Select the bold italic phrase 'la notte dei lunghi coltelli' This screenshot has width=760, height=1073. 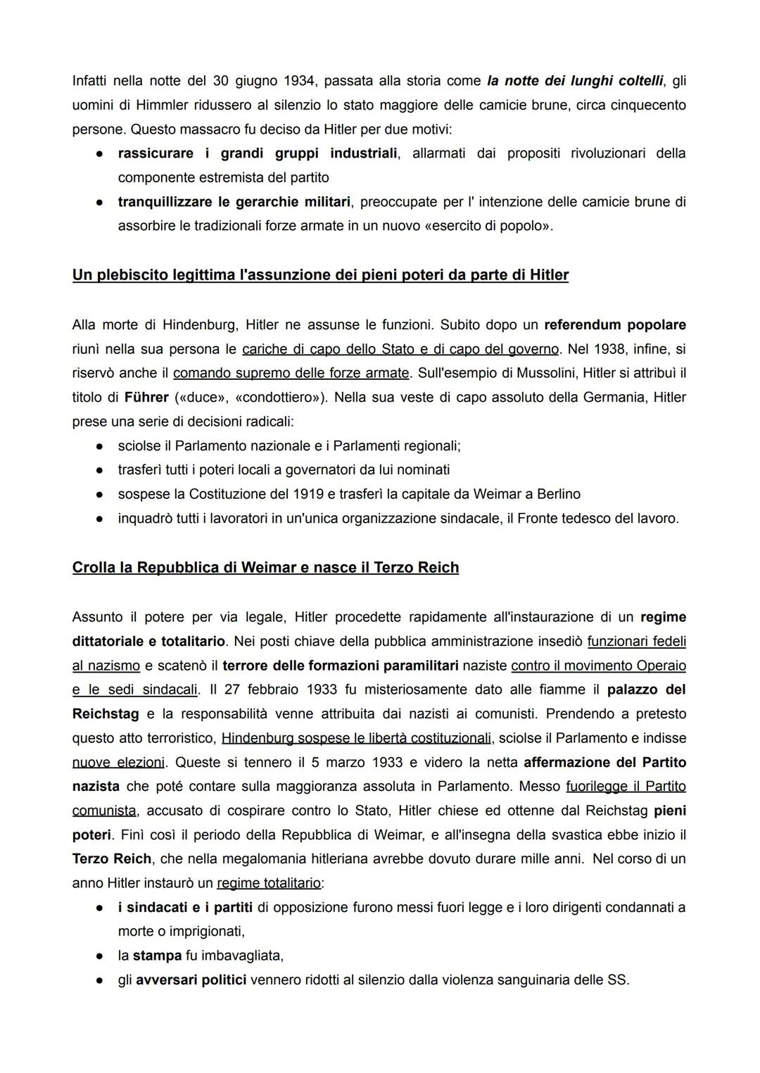(575, 81)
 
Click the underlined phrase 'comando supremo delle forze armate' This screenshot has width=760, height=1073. (291, 373)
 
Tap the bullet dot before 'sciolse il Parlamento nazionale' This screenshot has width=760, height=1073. (101, 446)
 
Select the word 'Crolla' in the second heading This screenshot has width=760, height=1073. (94, 568)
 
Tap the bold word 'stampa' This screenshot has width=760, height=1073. (157, 955)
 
